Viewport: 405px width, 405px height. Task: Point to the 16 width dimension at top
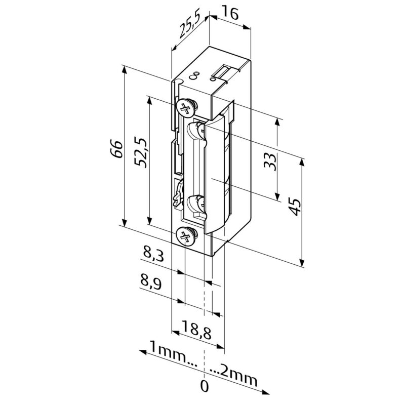pos(230,14)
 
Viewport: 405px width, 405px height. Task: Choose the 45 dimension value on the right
pos(295,207)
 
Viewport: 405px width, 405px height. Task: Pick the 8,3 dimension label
pos(154,254)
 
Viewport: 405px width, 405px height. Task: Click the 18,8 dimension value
pos(196,330)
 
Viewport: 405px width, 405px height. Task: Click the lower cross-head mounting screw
pos(186,236)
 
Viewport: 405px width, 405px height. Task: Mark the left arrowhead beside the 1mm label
pos(143,352)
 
